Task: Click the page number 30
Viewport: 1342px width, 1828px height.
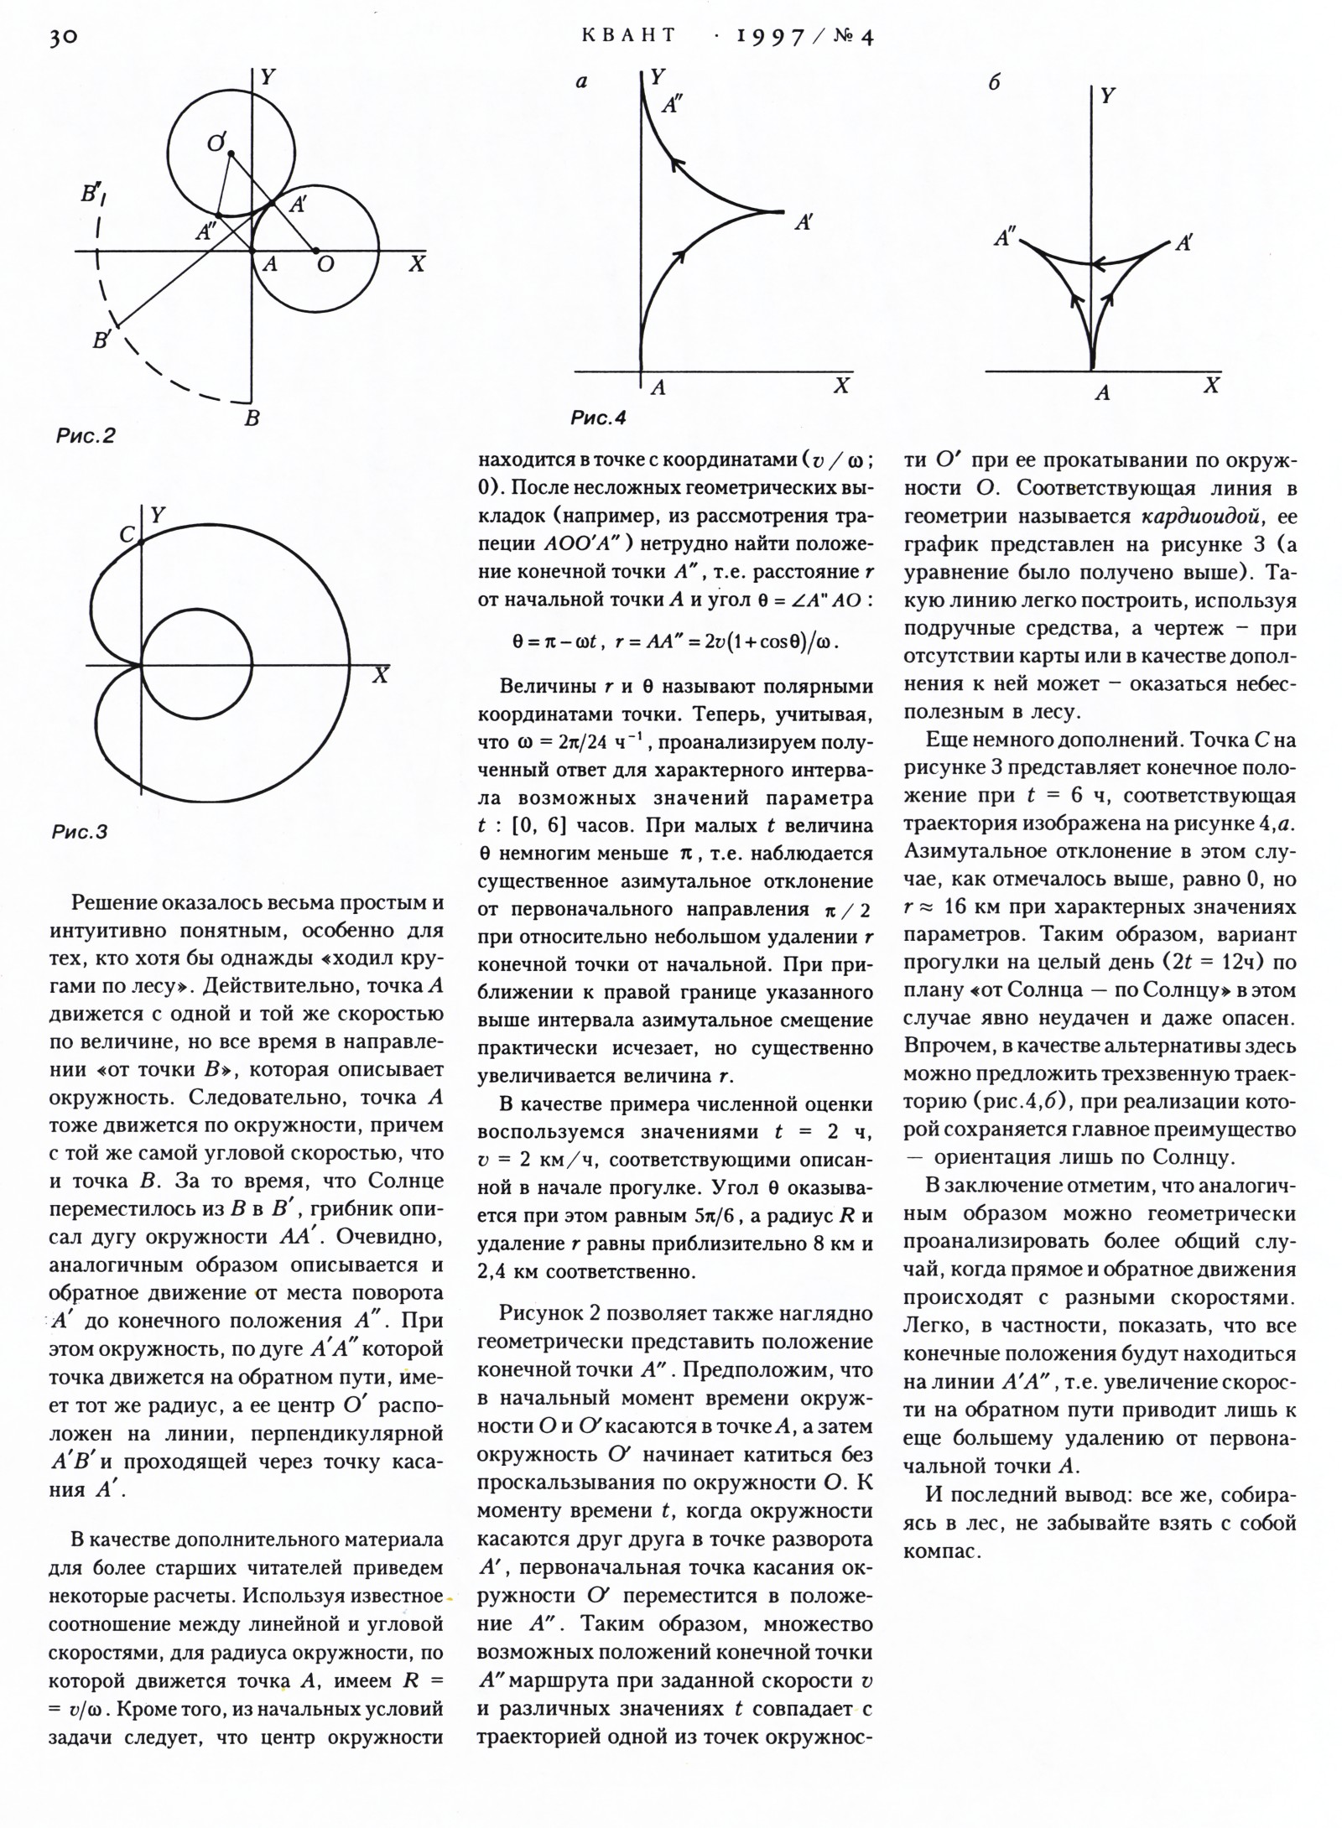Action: (x=63, y=38)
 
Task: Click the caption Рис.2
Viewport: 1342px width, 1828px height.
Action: (x=86, y=435)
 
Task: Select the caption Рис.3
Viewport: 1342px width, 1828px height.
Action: (x=80, y=832)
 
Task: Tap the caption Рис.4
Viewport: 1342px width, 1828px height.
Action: (x=598, y=417)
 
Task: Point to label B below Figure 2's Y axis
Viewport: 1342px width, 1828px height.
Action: (x=252, y=418)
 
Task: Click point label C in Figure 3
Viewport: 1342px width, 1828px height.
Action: (x=127, y=534)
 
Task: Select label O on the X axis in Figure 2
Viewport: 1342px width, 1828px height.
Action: (x=325, y=265)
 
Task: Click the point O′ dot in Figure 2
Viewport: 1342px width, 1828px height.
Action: (x=231, y=152)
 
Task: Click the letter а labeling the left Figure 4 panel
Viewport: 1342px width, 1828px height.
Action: (x=581, y=82)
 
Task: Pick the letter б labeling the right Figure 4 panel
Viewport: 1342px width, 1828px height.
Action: (x=995, y=82)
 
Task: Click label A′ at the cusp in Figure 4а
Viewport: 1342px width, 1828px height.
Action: (x=804, y=222)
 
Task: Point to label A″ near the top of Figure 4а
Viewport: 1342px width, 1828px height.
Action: (x=672, y=105)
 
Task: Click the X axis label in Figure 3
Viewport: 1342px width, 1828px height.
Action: (x=381, y=675)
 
